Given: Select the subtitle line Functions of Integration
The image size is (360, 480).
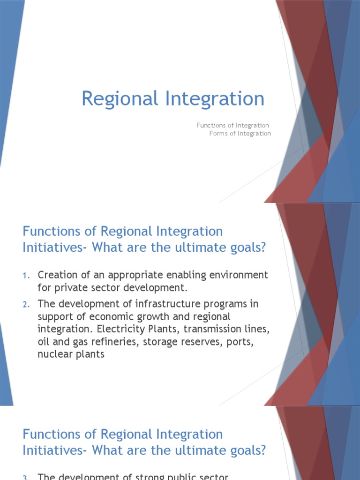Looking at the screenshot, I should coord(232,125).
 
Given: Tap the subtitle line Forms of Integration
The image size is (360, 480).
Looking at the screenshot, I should coord(240,133).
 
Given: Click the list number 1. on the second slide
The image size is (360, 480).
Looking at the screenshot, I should coord(26,275).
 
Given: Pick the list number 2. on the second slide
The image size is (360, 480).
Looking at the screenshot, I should coord(26,305).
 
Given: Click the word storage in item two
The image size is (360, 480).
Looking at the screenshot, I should coord(159,342).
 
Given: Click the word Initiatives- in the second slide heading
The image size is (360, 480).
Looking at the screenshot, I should coord(55,247).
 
